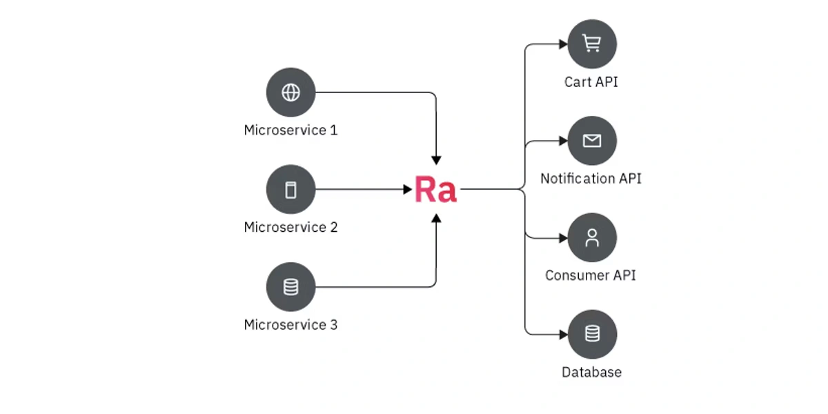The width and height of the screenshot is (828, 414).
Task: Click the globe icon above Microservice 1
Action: coord(290,92)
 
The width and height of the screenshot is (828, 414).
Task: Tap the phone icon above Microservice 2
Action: coord(290,190)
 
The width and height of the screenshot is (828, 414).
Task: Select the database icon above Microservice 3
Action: coord(290,287)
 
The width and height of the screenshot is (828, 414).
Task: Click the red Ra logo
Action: coord(435,190)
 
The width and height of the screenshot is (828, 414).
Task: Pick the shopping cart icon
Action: coord(591,44)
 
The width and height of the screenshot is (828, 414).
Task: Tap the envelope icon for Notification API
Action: coord(591,141)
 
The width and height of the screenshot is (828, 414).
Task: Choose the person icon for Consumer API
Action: coord(591,238)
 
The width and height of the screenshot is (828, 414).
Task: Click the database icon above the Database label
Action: coord(591,335)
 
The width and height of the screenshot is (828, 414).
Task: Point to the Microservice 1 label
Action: coord(290,130)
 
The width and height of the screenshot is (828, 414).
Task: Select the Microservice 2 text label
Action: coord(290,227)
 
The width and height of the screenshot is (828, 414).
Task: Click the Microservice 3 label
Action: coord(290,324)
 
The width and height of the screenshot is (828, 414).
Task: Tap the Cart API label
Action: coord(591,82)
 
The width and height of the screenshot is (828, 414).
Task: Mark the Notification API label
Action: coord(591,179)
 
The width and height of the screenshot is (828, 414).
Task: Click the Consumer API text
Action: coord(591,275)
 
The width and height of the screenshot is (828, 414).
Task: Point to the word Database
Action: coord(591,373)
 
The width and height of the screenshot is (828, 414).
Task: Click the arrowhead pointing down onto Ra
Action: coord(436,160)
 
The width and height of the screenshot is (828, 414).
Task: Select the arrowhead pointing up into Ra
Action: coord(436,218)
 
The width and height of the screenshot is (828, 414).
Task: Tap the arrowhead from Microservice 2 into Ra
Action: coord(407,190)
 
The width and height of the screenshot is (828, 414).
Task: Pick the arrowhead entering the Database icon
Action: coord(562,335)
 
